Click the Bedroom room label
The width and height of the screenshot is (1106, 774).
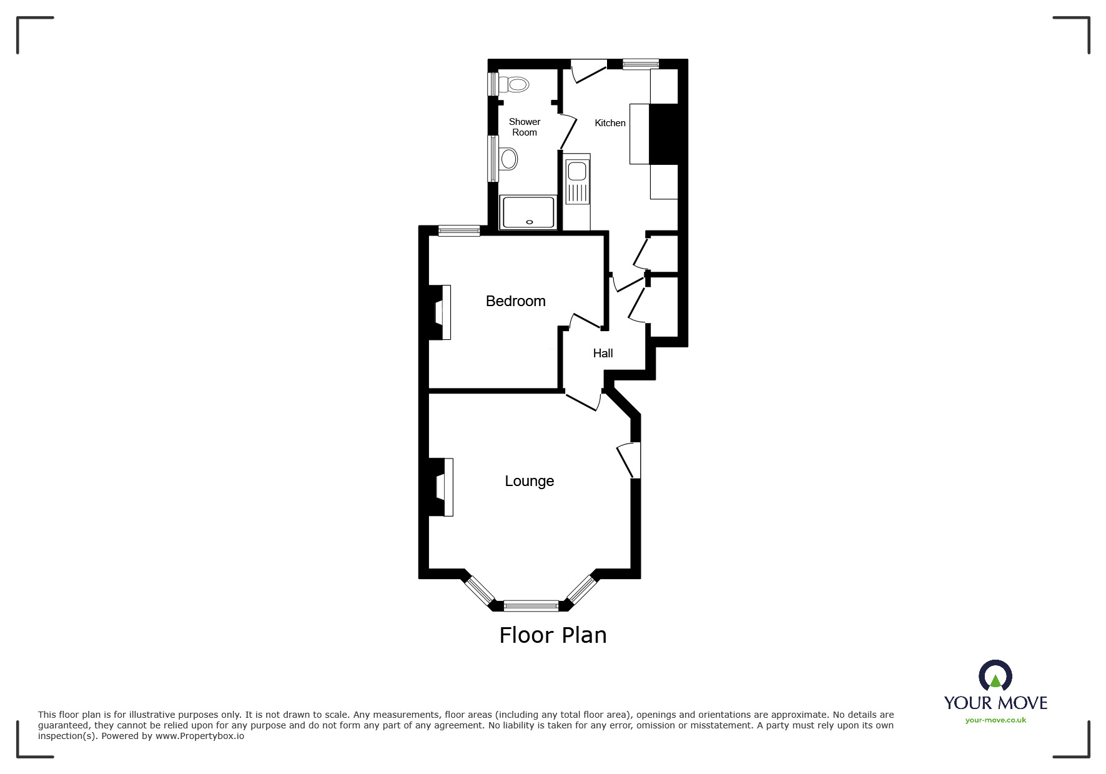click(x=515, y=301)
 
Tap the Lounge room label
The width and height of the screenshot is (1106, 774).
click(x=529, y=481)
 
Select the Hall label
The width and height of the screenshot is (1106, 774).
click(x=603, y=354)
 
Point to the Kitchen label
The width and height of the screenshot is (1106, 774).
click(x=610, y=123)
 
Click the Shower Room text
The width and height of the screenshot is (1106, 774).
click(x=524, y=127)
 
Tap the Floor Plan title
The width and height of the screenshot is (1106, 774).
click(x=553, y=635)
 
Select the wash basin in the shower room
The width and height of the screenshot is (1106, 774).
click(x=508, y=159)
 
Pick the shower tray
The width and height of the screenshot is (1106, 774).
click(x=528, y=212)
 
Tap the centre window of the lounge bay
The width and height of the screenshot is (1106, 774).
click(x=531, y=605)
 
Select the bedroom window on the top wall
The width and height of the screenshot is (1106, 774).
click(x=459, y=231)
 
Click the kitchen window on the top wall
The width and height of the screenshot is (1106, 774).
click(x=641, y=63)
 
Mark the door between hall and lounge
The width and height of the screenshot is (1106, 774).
click(x=583, y=400)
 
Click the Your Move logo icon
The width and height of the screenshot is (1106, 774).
click(x=995, y=677)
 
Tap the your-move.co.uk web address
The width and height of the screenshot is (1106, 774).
click(x=995, y=720)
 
